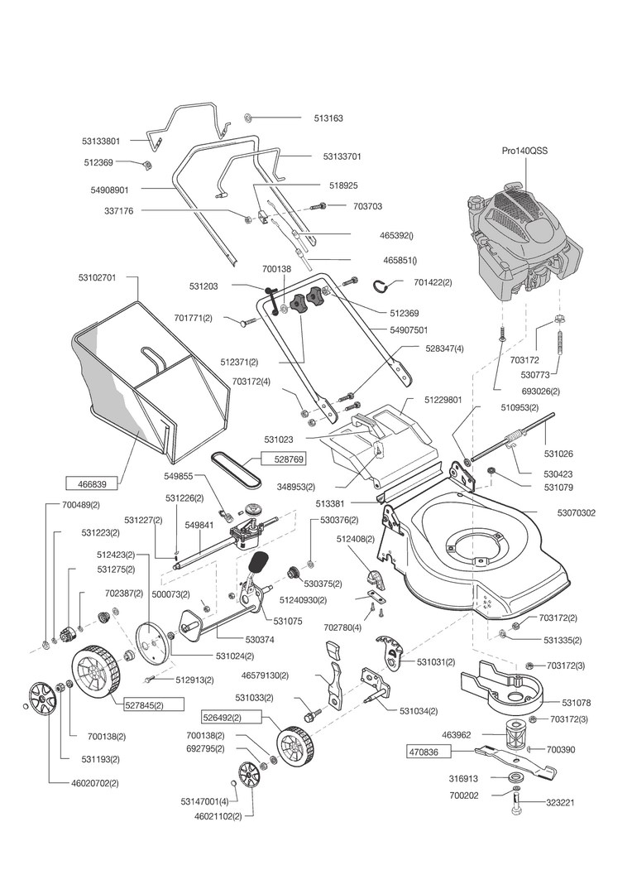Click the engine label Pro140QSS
click(x=524, y=151)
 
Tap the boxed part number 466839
click(x=93, y=483)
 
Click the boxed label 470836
click(x=429, y=752)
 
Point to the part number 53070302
click(x=576, y=513)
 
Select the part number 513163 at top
click(x=329, y=118)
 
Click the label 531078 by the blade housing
click(x=576, y=703)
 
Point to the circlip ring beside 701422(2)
click(x=384, y=286)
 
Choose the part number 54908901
click(x=109, y=189)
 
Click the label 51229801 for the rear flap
click(x=443, y=401)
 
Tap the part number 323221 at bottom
click(x=560, y=803)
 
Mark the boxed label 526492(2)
click(x=223, y=717)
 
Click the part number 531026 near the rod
click(x=558, y=454)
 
